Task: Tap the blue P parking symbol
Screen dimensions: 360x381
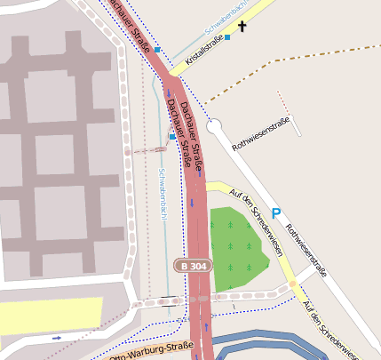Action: click(276, 212)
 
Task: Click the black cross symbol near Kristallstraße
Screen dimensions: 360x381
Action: click(242, 28)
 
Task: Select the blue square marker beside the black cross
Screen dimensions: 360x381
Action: click(227, 37)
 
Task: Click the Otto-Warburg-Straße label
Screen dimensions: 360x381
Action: click(149, 352)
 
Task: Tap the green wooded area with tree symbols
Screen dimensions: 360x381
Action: click(235, 249)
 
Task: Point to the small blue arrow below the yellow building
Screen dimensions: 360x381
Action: click(58, 338)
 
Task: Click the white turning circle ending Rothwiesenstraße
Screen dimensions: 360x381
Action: click(213, 126)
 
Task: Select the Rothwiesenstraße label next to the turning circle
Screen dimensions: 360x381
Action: click(258, 139)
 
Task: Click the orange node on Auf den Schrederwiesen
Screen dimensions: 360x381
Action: click(292, 284)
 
